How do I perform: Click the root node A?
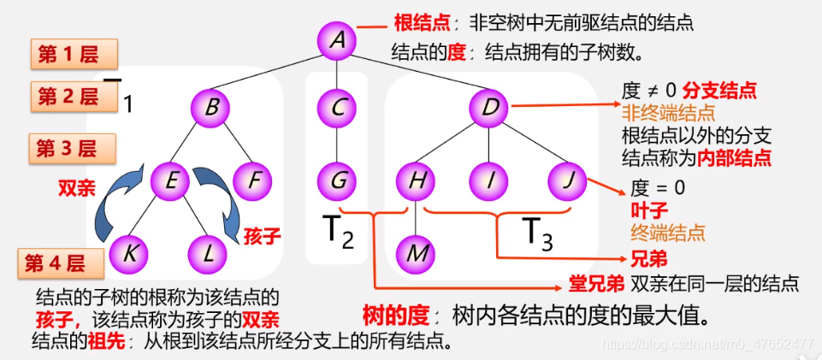tap(337, 39)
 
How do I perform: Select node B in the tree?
tap(212, 109)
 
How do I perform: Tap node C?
tap(337, 109)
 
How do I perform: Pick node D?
tap(490, 109)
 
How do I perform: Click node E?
tap(170, 181)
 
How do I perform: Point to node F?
tap(251, 181)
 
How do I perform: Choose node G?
tap(337, 181)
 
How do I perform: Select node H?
tap(417, 181)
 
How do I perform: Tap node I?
tap(490, 181)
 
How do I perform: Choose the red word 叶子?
tap(648, 210)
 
